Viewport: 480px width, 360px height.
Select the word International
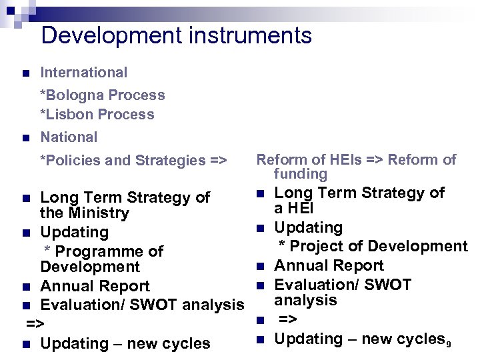click(83, 72)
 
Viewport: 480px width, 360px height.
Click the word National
click(69, 137)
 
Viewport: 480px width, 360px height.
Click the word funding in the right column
click(300, 175)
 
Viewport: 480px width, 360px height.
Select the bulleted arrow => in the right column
click(287, 320)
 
